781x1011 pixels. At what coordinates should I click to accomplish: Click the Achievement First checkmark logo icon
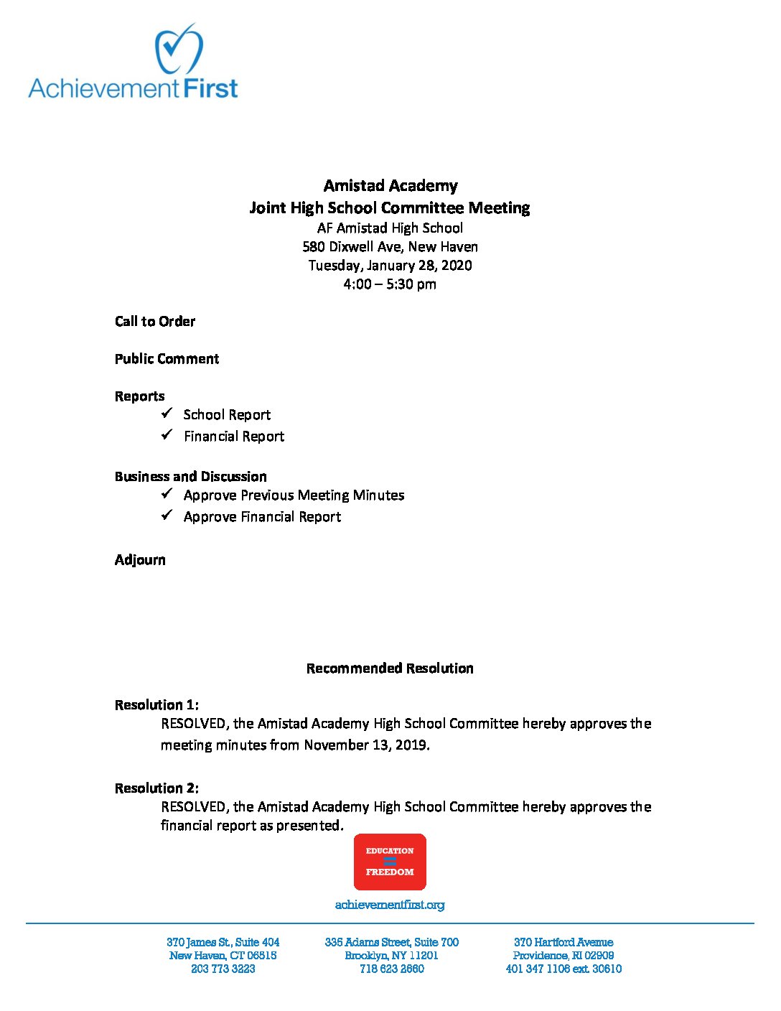(179, 49)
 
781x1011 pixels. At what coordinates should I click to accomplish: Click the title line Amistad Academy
(390, 186)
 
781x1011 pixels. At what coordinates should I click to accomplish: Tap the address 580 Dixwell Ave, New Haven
(390, 247)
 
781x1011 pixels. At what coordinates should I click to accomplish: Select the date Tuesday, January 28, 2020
(390, 266)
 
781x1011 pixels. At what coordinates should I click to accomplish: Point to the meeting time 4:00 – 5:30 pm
(390, 284)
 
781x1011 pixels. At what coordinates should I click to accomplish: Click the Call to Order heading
(155, 322)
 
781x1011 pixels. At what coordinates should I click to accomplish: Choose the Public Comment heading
(167, 359)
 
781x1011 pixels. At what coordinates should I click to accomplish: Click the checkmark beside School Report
(167, 414)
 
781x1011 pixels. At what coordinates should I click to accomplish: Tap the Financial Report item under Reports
(234, 437)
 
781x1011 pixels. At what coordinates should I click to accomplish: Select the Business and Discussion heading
(190, 477)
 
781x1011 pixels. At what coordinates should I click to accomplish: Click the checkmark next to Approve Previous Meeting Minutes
(167, 494)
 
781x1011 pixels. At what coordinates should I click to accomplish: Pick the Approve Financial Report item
(262, 517)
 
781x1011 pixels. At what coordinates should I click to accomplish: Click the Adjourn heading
(140, 560)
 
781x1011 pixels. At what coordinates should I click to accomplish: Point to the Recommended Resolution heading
(390, 668)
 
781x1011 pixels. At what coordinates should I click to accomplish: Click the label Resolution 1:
(156, 705)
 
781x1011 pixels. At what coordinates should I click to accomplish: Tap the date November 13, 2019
(366, 745)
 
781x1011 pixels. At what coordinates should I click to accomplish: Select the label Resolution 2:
(156, 788)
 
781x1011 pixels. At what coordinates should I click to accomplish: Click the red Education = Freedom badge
(390, 862)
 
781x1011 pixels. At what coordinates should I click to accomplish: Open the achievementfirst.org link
(390, 905)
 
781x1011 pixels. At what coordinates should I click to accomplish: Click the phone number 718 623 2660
(391, 969)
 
